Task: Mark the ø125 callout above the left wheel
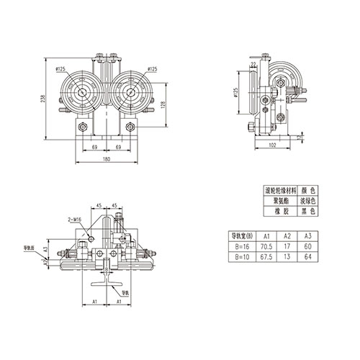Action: point(61,68)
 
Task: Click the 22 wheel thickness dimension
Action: point(254,64)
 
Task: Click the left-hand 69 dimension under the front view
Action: point(94,146)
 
